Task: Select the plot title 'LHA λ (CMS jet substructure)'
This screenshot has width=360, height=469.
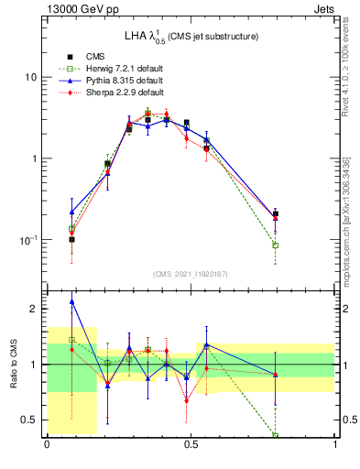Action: [x=191, y=36]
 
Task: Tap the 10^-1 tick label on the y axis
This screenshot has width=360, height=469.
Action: [x=28, y=239]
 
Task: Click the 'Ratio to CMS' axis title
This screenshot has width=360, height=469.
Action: [x=14, y=365]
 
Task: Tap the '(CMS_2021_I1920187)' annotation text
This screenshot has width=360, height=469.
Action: [x=191, y=274]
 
